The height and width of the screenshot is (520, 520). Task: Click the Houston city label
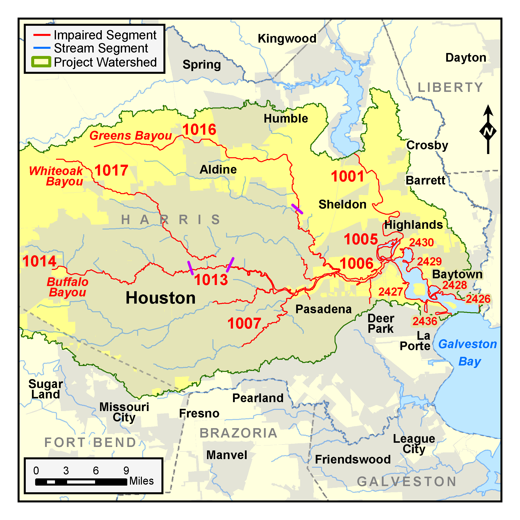pyautogui.click(x=160, y=298)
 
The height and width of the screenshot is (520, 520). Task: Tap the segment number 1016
pyautogui.click(x=199, y=130)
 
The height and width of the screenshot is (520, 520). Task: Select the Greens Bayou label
pyautogui.click(x=130, y=136)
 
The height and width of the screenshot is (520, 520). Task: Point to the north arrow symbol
pyautogui.click(x=488, y=129)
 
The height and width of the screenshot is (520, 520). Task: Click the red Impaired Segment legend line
pyautogui.click(x=42, y=35)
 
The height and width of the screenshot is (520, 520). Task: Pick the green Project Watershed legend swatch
pyautogui.click(x=41, y=62)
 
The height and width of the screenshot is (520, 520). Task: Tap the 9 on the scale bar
pyautogui.click(x=126, y=470)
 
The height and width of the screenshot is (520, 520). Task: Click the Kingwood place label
pyautogui.click(x=287, y=38)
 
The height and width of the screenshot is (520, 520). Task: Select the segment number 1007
pyautogui.click(x=244, y=323)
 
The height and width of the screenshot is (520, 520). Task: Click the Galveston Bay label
pyautogui.click(x=468, y=352)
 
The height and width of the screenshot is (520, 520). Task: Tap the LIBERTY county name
pyautogui.click(x=450, y=87)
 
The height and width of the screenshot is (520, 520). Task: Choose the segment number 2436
pyautogui.click(x=425, y=321)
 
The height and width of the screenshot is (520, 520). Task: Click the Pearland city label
pyautogui.click(x=258, y=398)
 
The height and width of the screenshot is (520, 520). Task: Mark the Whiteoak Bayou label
pyautogui.click(x=56, y=176)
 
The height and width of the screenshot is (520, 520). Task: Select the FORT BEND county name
pyautogui.click(x=90, y=442)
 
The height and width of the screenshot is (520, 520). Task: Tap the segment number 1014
pyautogui.click(x=39, y=261)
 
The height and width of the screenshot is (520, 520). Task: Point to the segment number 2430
pyautogui.click(x=421, y=242)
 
